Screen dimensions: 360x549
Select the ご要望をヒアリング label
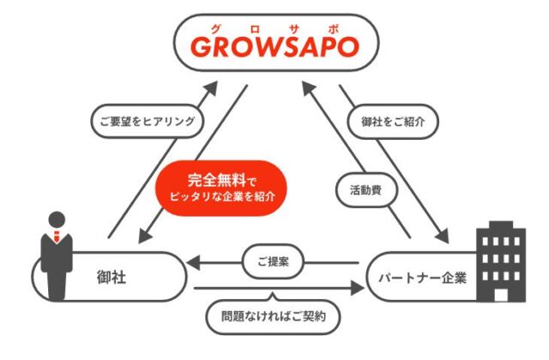147,121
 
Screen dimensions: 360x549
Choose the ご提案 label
271,263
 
